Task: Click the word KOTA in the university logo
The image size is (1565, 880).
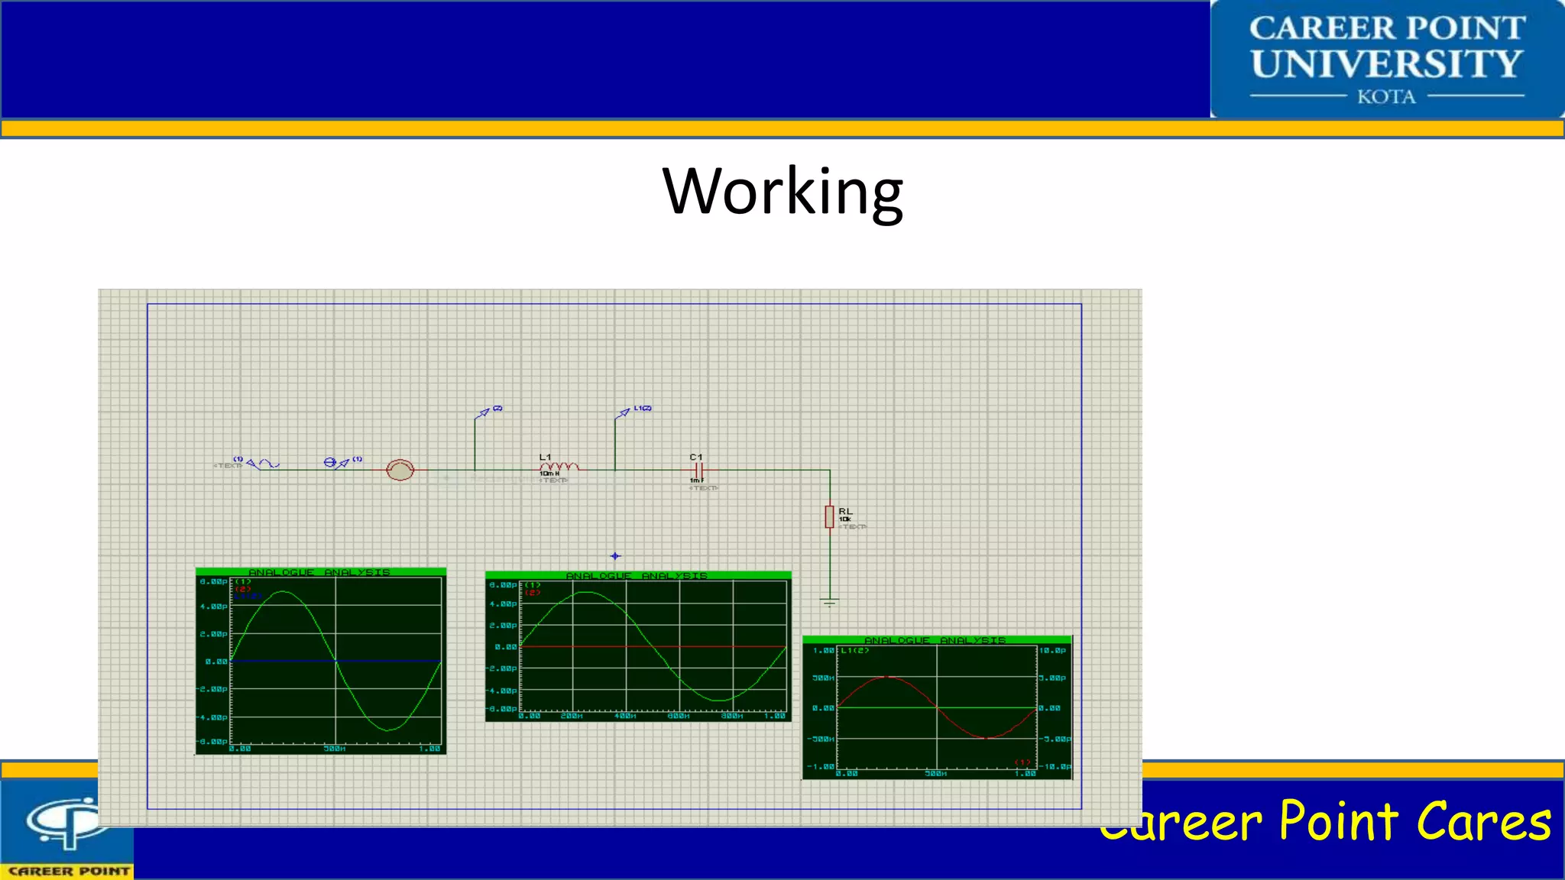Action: point(1386,97)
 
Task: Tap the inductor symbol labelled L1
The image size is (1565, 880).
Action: point(559,466)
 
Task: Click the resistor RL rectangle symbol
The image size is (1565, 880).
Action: point(829,516)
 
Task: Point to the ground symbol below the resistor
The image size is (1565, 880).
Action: point(829,602)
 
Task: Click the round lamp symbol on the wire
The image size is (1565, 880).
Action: point(400,470)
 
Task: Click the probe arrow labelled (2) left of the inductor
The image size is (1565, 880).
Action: point(483,412)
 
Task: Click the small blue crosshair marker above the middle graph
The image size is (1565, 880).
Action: point(615,556)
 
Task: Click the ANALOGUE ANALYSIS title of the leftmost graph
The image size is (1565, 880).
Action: point(319,572)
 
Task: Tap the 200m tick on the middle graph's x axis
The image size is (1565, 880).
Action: point(572,716)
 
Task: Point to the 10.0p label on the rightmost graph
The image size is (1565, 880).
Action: point(1052,650)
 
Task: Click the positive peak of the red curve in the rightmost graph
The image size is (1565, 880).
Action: point(886,677)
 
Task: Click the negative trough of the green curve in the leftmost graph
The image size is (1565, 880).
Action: point(388,730)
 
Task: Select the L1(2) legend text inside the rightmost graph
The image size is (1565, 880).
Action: point(854,651)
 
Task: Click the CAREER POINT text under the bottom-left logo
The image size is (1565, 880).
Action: point(69,871)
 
